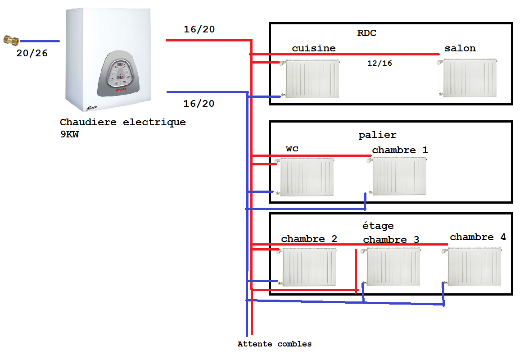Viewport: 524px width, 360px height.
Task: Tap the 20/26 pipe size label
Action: tap(32, 53)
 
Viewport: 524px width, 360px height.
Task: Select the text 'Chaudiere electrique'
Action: tap(122, 122)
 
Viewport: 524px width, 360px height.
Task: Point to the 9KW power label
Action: tap(69, 134)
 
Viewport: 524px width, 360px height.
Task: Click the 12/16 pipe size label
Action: tap(379, 64)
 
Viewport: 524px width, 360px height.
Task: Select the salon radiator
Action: tap(470, 77)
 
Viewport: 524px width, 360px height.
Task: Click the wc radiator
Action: tap(307, 177)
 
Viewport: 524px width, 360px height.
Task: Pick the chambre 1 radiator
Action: tap(399, 176)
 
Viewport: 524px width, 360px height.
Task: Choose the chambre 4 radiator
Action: tap(474, 267)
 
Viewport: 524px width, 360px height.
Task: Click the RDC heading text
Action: tap(366, 33)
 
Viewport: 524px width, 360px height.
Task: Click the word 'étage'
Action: tap(378, 225)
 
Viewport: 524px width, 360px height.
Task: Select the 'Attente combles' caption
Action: tap(275, 344)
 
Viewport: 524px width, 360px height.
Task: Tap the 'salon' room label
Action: tap(460, 48)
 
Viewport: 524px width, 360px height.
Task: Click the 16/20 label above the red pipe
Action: tap(199, 30)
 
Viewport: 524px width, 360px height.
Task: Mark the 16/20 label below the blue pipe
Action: tap(199, 104)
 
